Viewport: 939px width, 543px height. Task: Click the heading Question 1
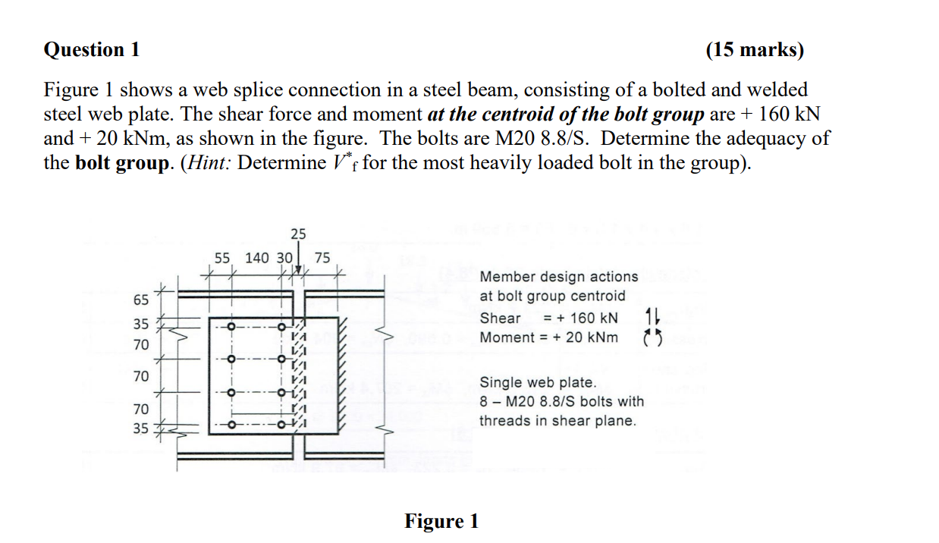pos(92,50)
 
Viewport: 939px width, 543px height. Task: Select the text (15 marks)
pos(754,50)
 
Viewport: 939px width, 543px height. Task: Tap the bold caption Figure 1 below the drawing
pos(441,521)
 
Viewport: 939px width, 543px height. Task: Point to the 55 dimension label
pos(221,258)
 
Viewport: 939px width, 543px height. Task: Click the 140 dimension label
pos(257,258)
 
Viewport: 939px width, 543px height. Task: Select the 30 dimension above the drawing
pos(284,258)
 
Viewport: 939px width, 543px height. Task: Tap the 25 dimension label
pos(298,234)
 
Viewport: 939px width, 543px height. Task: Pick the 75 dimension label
pos(322,258)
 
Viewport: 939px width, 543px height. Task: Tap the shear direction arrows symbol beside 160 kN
pos(649,317)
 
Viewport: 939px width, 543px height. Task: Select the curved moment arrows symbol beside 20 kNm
pos(649,337)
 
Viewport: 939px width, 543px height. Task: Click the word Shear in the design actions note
pos(501,318)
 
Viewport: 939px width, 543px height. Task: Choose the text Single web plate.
pos(538,383)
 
